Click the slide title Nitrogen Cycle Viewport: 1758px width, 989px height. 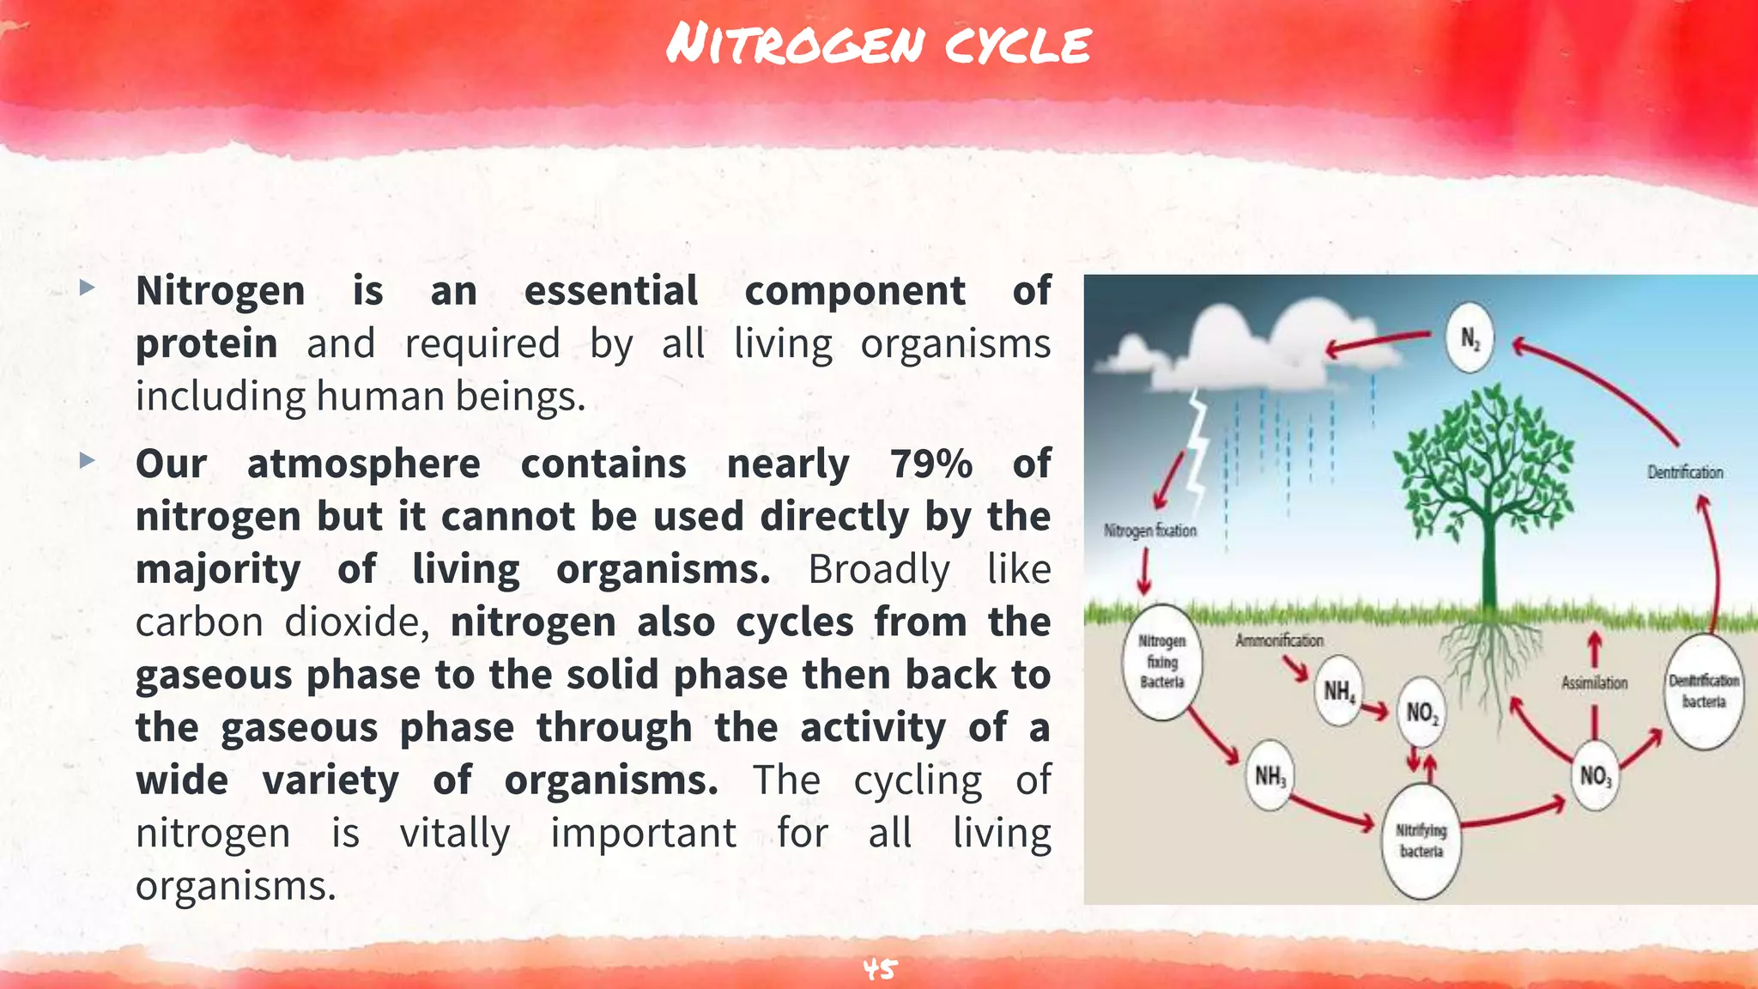pyautogui.click(x=878, y=45)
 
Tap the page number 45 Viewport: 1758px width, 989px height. pyautogui.click(x=879, y=969)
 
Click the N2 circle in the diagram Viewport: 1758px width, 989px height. pyautogui.click(x=1470, y=338)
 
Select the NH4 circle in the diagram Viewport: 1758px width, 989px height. pyautogui.click(x=1338, y=691)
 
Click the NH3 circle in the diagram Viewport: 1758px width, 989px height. pyautogui.click(x=1270, y=777)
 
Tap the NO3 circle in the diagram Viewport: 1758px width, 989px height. pyautogui.click(x=1595, y=776)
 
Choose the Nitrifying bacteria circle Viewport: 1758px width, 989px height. pyautogui.click(x=1421, y=840)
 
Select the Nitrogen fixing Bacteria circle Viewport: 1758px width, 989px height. pyautogui.click(x=1162, y=662)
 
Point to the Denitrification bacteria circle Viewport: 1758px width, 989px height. pyautogui.click(x=1704, y=691)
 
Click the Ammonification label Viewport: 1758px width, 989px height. pyautogui.click(x=1279, y=640)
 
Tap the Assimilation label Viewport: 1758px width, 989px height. pyautogui.click(x=1594, y=683)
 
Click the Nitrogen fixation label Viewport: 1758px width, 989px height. pyautogui.click(x=1150, y=531)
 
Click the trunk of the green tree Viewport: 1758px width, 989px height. pyautogui.click(x=1488, y=558)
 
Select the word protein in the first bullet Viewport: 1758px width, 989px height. pyautogui.click(x=207, y=343)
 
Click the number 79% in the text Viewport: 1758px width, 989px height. pyautogui.click(x=931, y=464)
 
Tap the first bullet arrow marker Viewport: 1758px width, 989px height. pyautogui.click(x=87, y=288)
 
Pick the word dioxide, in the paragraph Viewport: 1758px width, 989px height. pyautogui.click(x=357, y=622)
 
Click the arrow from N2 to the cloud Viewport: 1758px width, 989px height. pyautogui.click(x=1378, y=343)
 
